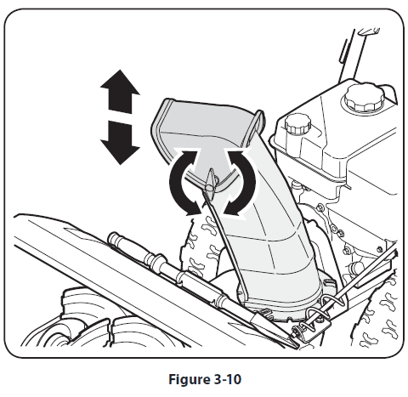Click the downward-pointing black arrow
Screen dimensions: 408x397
120,142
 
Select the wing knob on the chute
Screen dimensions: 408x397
211,184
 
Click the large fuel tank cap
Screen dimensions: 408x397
364,97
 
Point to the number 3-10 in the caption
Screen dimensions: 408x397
227,379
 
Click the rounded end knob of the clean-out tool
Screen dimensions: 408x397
114,238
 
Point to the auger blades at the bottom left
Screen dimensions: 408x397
93,323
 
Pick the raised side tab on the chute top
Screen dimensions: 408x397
257,126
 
